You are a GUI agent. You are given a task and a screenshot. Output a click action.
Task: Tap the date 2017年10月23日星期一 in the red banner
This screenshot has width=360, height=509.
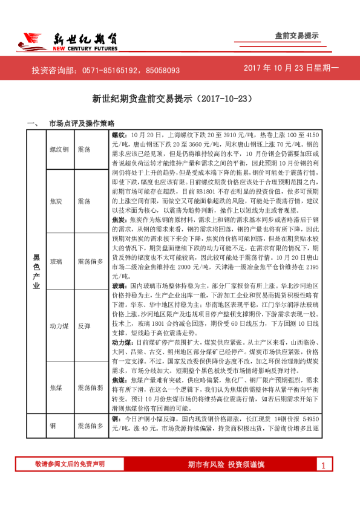292,69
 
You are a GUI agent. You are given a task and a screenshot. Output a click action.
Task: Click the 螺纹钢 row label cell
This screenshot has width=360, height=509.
59,148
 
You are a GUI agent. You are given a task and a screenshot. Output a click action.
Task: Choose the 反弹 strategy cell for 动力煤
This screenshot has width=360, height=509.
84,325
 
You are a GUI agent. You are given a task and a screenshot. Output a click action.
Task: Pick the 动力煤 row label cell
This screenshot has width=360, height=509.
59,325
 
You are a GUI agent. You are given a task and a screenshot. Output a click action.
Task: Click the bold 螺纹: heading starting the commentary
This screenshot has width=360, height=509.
119,134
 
